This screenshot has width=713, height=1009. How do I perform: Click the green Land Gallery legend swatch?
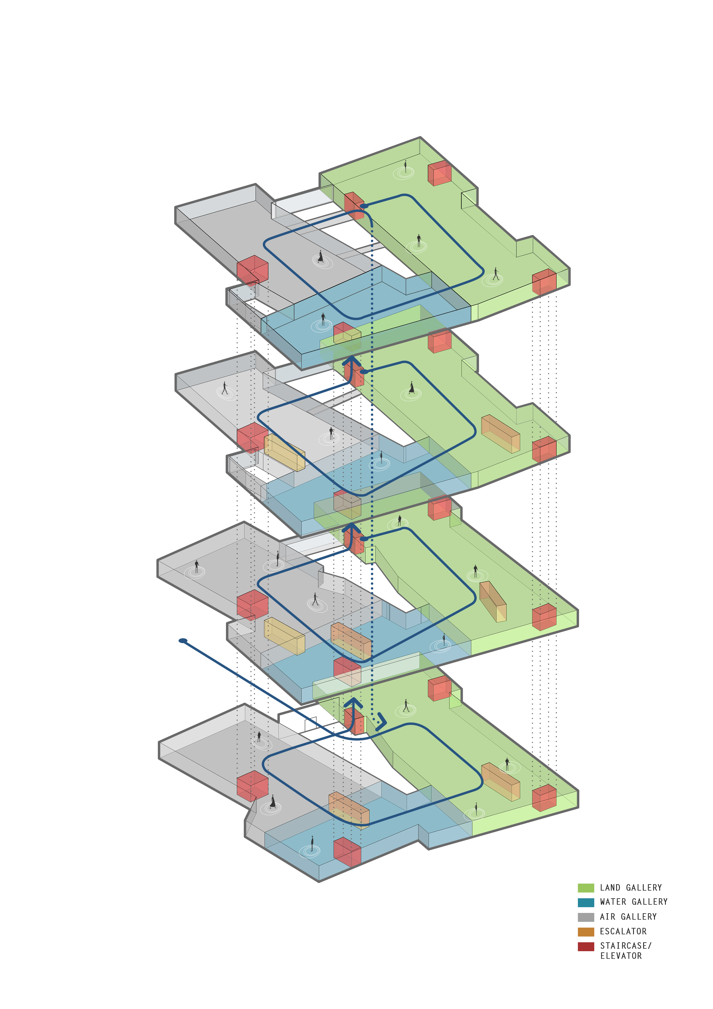coord(586,888)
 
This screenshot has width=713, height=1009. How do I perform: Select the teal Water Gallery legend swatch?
coord(586,902)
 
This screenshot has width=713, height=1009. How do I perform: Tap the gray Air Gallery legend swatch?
coord(586,917)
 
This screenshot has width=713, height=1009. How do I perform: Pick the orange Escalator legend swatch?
coord(586,932)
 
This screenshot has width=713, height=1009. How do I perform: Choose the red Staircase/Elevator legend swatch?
coord(586,946)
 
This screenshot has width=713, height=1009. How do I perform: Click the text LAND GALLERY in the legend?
coord(631,888)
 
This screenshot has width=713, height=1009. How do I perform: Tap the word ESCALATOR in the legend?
coord(623,931)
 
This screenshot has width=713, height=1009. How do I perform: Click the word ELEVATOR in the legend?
coord(621,956)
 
